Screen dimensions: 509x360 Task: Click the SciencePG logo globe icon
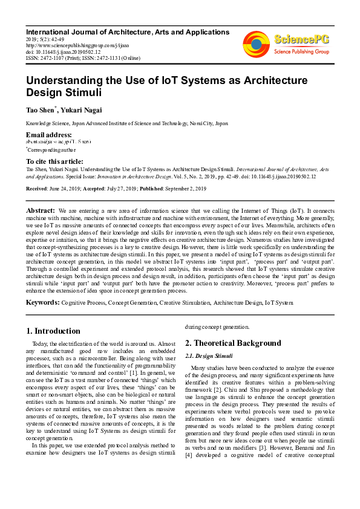coord(256,44)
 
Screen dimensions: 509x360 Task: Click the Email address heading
coord(48,134)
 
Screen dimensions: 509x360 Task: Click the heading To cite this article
coord(54,161)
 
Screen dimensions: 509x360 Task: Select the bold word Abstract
coord(41,210)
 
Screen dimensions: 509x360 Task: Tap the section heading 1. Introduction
coord(54,331)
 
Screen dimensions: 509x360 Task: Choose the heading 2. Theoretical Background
coord(233,343)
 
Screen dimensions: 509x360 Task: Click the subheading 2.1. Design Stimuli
coord(209,355)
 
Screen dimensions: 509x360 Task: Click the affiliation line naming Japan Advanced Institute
coord(127,123)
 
